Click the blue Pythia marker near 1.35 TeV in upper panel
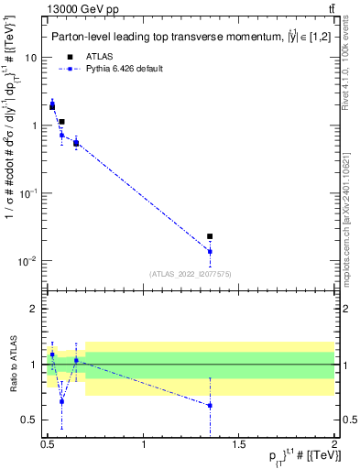[x=210, y=251]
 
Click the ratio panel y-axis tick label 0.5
[x=30, y=420]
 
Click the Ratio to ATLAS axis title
[x=11, y=364]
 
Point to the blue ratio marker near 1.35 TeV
[x=210, y=405]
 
